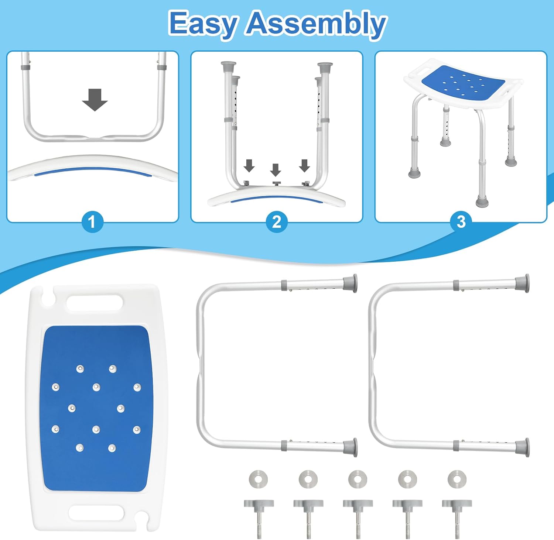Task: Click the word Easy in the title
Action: tap(202, 24)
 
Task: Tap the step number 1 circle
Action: tap(92, 222)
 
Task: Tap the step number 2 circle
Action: tap(277, 222)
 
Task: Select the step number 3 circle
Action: tap(461, 222)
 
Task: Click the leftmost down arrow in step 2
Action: tap(249, 166)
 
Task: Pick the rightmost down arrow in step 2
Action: tap(304, 166)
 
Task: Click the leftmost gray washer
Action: tap(258, 479)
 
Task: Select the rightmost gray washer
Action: tap(457, 479)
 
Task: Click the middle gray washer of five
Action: tap(358, 479)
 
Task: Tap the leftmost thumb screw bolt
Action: tap(259, 517)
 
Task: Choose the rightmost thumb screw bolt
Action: tap(457, 517)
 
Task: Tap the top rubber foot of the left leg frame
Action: tap(350, 283)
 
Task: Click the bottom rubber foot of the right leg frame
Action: tap(522, 447)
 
